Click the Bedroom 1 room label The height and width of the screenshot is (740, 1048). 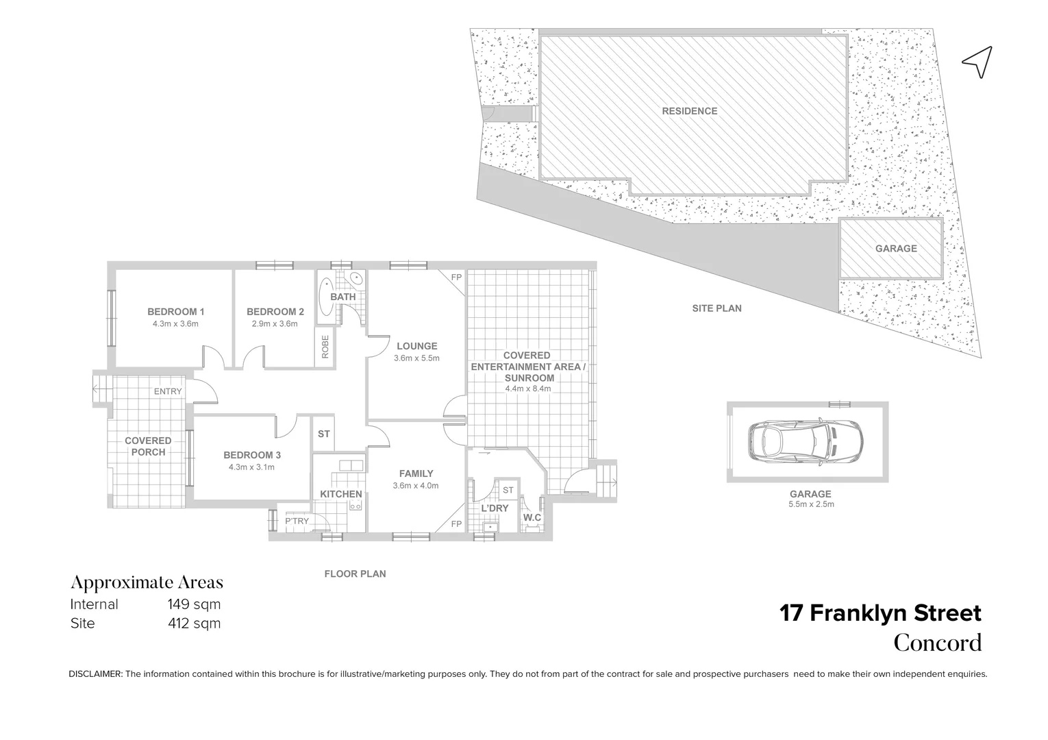[x=175, y=312]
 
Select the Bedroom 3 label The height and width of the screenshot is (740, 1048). [x=252, y=455]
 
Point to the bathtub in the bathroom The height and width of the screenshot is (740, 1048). [x=327, y=295]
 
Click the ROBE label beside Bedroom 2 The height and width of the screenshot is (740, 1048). [x=325, y=346]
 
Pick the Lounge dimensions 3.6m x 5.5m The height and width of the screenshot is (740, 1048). [x=416, y=358]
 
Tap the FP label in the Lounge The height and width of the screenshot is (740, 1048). [x=456, y=277]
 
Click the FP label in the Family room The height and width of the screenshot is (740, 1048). [x=456, y=524]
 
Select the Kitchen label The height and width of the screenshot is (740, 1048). [x=341, y=494]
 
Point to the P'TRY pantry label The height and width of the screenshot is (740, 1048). [x=297, y=521]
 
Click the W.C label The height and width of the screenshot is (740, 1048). [x=532, y=517]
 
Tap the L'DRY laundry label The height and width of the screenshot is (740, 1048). [x=495, y=508]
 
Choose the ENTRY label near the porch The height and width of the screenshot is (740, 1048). [x=168, y=391]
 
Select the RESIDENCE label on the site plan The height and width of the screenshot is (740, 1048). [x=689, y=111]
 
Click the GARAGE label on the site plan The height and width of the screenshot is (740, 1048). [x=895, y=249]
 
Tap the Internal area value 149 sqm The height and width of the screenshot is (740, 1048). [x=195, y=604]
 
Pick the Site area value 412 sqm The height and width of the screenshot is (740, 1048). [x=195, y=624]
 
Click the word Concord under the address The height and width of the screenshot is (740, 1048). [x=938, y=643]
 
